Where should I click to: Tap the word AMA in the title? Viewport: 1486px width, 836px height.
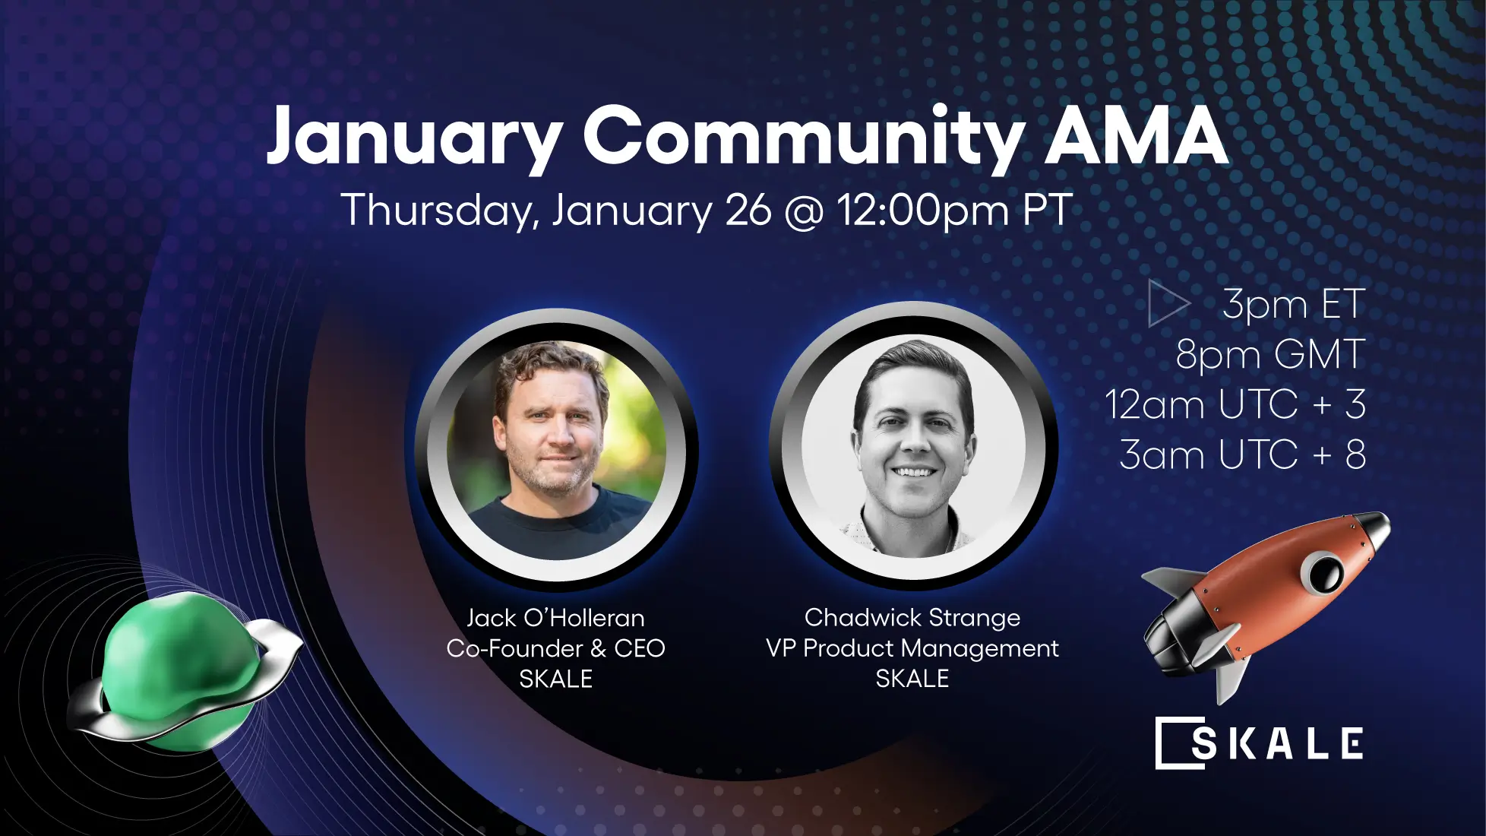point(1136,137)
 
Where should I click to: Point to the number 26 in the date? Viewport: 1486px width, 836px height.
point(748,211)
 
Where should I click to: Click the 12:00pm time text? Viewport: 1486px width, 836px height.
point(922,211)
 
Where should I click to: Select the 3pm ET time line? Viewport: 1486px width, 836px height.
point(1293,304)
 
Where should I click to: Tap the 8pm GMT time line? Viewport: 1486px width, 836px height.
point(1270,354)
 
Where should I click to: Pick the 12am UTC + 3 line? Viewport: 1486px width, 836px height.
point(1235,404)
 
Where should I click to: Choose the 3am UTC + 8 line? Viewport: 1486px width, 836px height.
point(1243,454)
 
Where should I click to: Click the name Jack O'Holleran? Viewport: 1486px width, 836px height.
point(555,618)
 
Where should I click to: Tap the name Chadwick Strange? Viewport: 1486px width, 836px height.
point(912,618)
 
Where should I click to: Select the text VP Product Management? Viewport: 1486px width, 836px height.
point(912,648)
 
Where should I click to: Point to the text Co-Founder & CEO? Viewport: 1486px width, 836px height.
point(555,648)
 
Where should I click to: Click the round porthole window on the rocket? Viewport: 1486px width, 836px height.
point(1323,572)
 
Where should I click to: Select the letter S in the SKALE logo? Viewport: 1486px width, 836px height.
point(1203,743)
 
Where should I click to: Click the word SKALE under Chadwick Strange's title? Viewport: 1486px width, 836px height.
point(912,679)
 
